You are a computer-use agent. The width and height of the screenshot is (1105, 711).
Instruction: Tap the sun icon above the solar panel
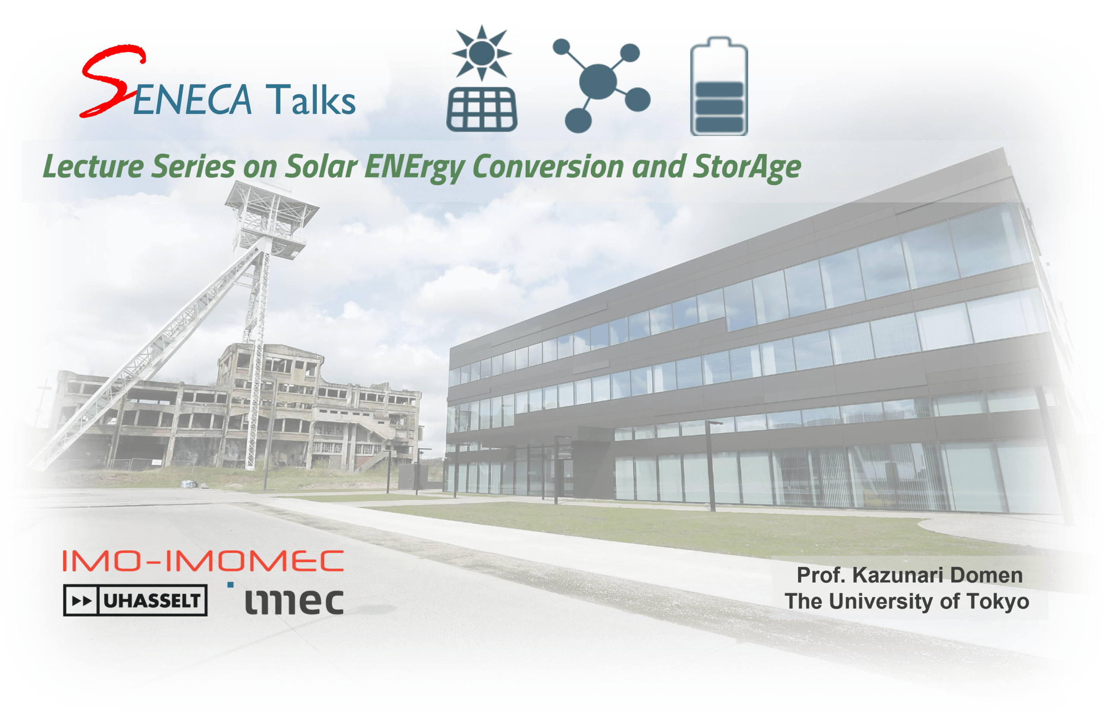482,53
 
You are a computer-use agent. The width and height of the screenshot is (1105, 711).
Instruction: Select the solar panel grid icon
482,110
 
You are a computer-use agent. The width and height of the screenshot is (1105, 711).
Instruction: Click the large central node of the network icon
597,82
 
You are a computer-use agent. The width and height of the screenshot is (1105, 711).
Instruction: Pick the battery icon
719,86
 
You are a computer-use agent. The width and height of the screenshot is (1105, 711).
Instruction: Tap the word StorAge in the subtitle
747,167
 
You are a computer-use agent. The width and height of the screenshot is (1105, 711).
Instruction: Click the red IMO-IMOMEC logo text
203,560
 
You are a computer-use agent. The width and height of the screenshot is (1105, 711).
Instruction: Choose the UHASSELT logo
135,600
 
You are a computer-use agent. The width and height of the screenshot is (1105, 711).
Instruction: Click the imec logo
294,601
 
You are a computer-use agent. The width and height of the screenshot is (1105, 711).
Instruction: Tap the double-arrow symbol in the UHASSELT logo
82,601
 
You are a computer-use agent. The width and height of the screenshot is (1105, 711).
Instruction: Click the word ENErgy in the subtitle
414,167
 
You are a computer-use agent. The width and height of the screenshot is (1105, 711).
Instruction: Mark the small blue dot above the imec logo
230,585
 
